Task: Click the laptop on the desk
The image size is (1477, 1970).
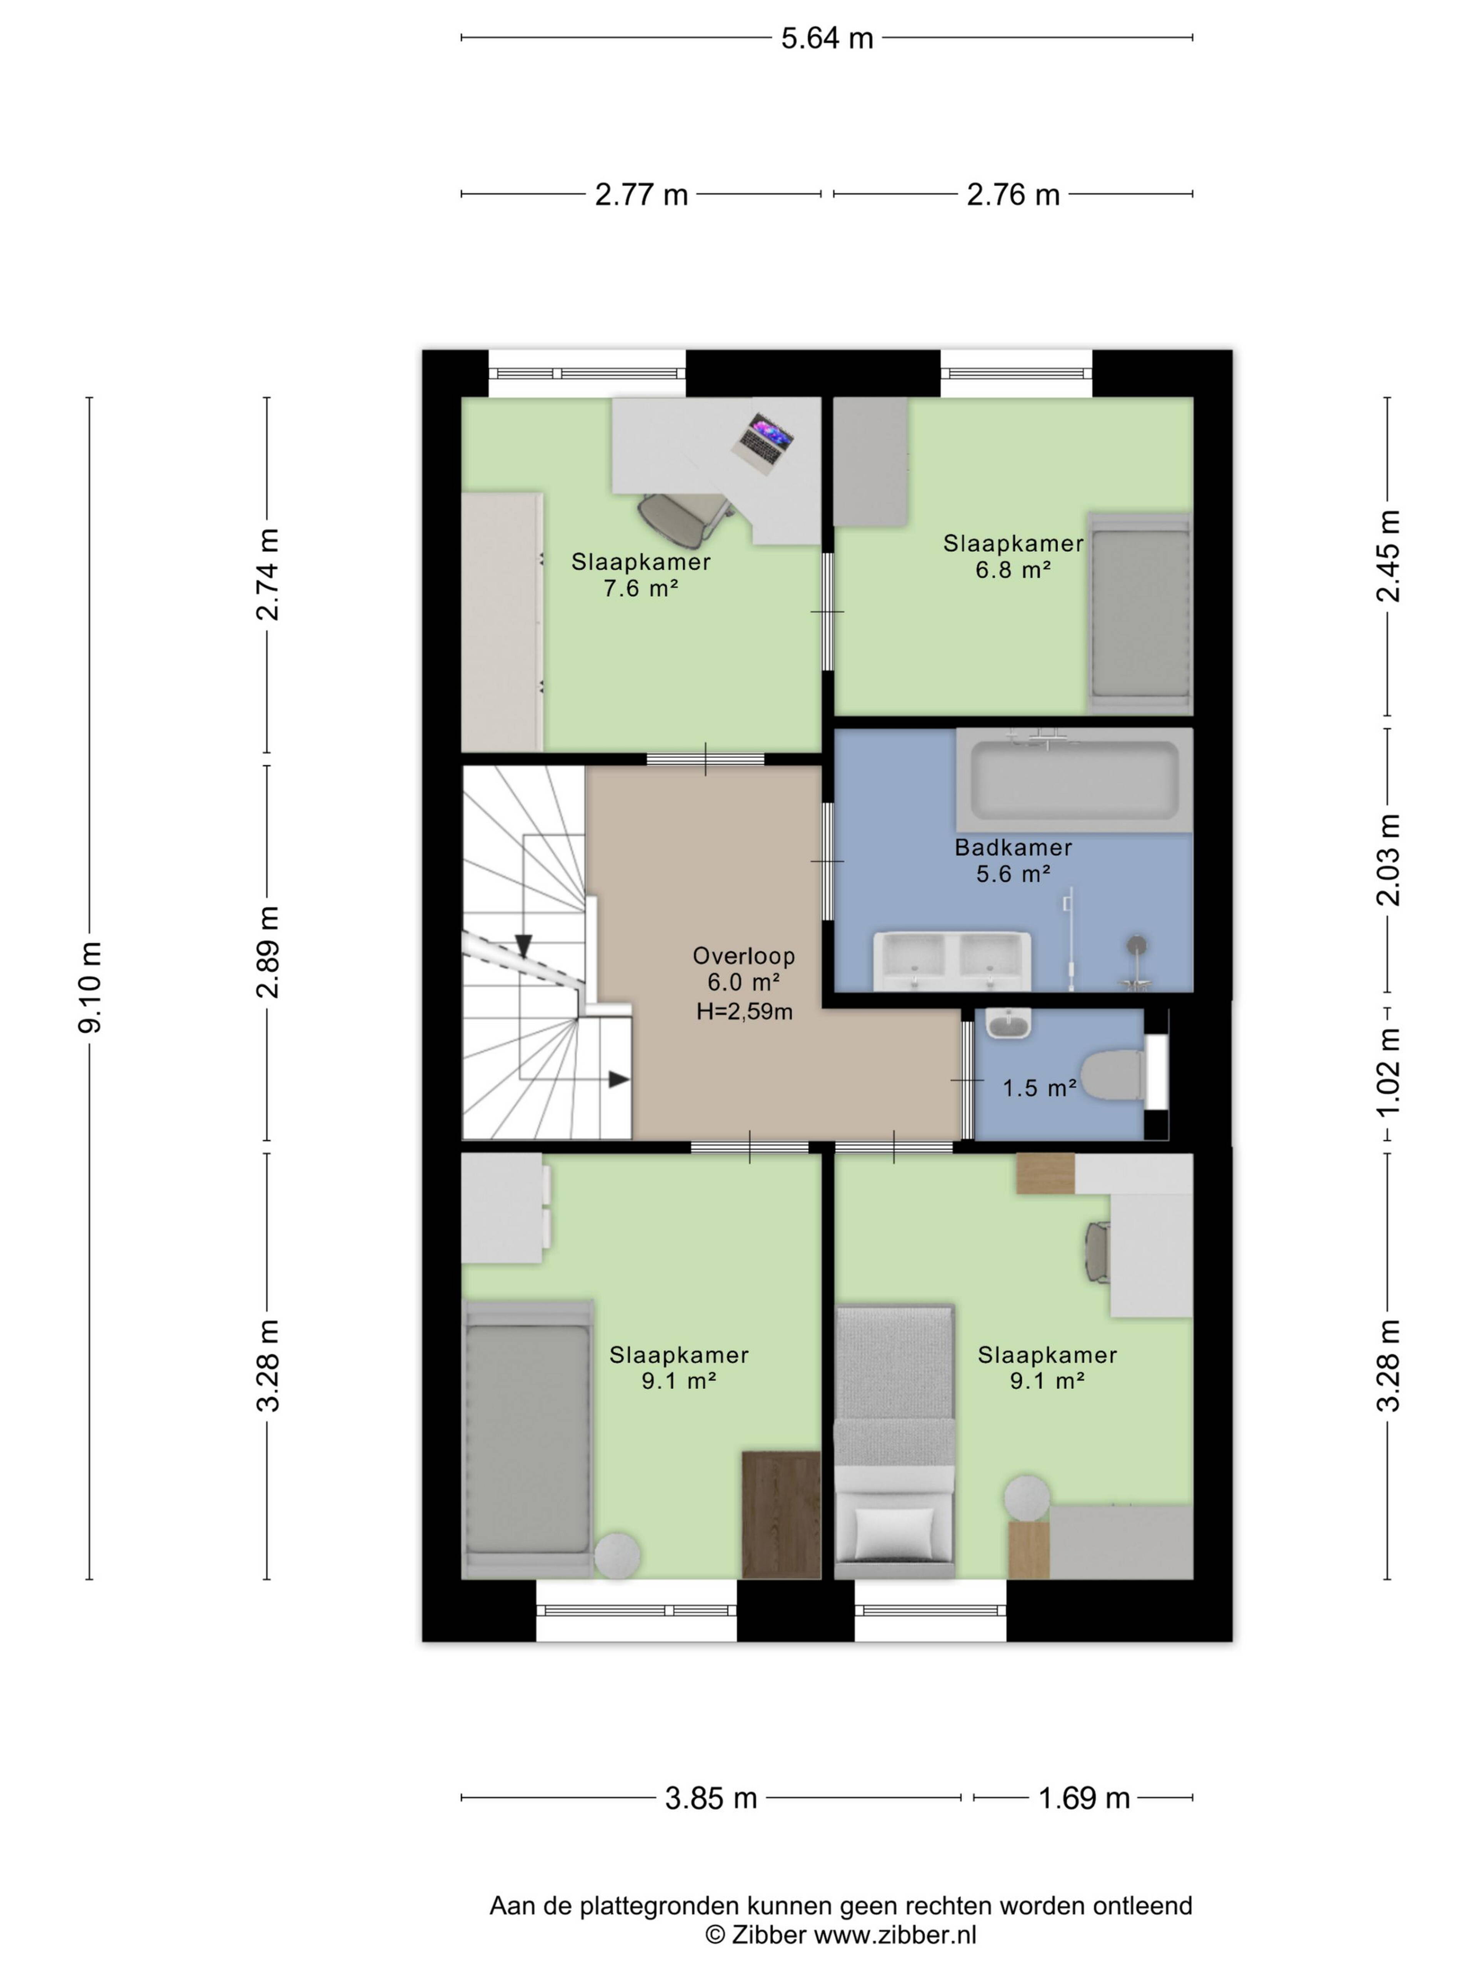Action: [761, 442]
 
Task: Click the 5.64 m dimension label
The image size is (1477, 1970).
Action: [827, 38]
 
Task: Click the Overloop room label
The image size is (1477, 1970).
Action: [744, 956]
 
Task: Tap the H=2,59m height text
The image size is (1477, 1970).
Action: [744, 1011]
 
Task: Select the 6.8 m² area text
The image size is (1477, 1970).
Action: [1013, 570]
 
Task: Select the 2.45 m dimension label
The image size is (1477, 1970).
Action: [1389, 557]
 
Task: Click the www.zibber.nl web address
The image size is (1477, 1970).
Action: [896, 1934]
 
